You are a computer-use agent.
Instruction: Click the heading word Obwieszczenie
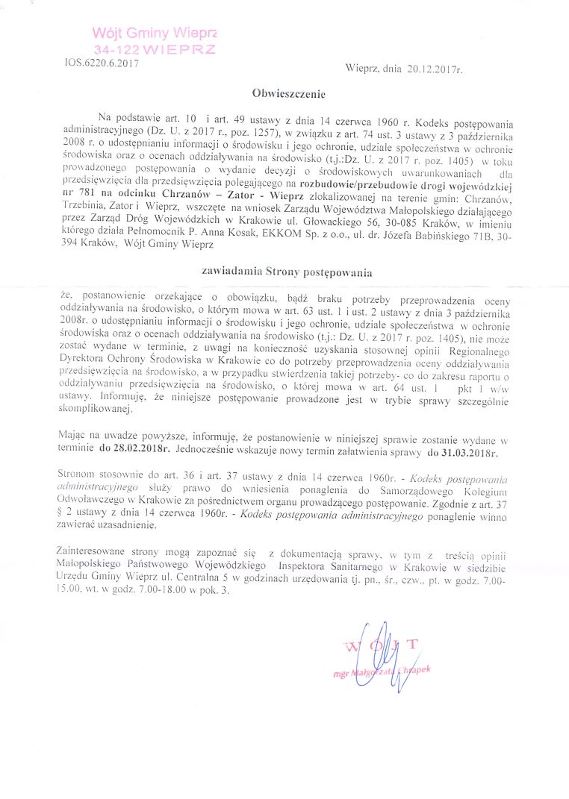[x=288, y=95]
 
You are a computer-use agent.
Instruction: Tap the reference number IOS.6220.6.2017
[x=97, y=63]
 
